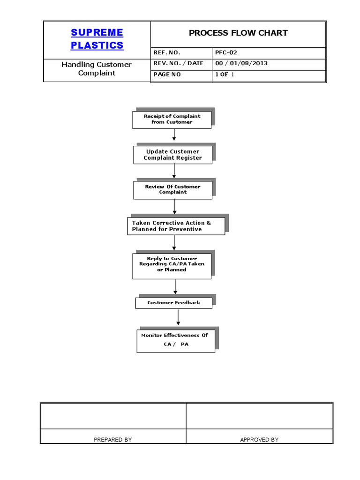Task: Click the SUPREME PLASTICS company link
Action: [x=97, y=39]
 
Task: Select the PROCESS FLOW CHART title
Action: [x=238, y=33]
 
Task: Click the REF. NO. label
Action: [x=166, y=52]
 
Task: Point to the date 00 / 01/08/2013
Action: [x=241, y=63]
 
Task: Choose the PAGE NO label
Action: [x=166, y=75]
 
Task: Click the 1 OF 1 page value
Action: [x=224, y=75]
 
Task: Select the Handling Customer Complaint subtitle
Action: [x=97, y=68]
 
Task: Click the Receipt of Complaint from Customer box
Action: [x=172, y=119]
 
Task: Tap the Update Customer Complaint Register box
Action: [x=172, y=155]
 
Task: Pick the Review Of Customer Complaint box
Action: [x=172, y=189]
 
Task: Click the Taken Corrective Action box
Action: [x=176, y=226]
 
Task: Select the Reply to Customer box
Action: [x=172, y=264]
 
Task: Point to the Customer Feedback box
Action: [x=173, y=303]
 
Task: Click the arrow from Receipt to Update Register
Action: [x=174, y=135]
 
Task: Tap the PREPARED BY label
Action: [x=112, y=440]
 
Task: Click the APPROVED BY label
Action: [x=259, y=440]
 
